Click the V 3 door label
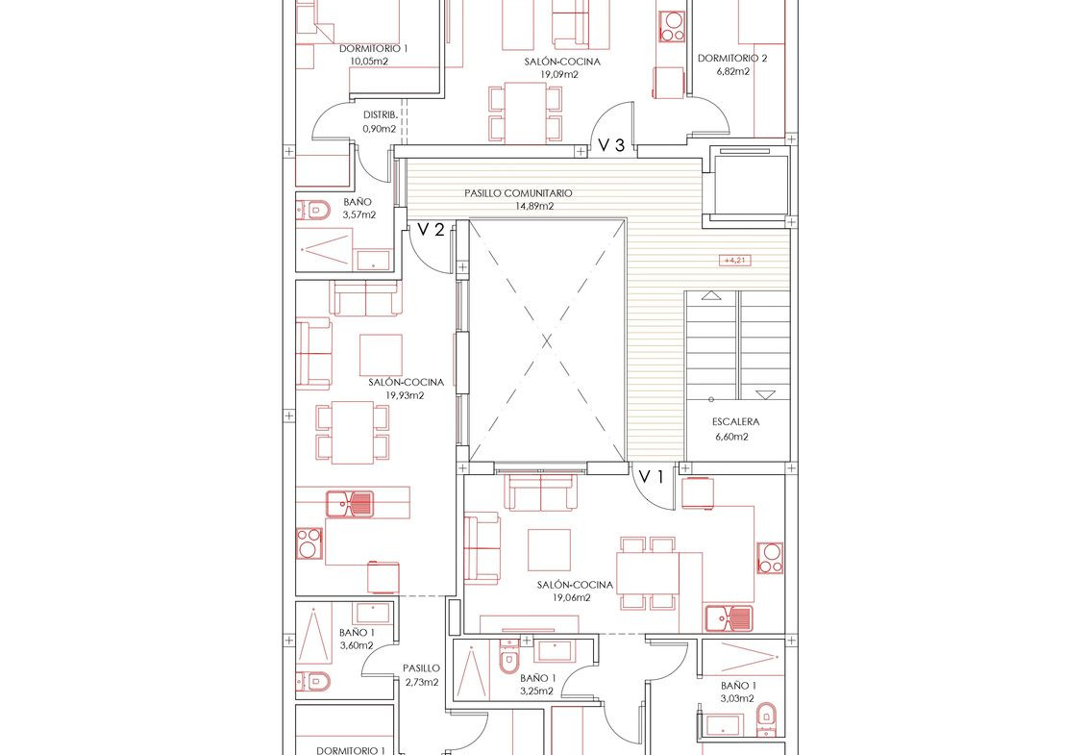tap(611, 145)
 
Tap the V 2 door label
tap(431, 230)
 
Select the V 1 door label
tap(652, 477)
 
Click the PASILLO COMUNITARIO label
tap(518, 193)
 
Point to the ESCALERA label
tap(735, 421)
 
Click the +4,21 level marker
tap(735, 261)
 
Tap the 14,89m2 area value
tap(534, 206)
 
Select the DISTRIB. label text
tap(381, 115)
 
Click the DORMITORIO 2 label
tap(732, 59)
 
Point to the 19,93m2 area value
tap(406, 395)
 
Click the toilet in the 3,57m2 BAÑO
tap(314, 209)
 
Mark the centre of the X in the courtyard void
tap(547, 340)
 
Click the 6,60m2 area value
tap(732, 437)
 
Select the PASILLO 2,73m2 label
tap(421, 675)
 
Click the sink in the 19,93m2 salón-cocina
tap(351, 504)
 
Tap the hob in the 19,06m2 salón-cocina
tap(770, 559)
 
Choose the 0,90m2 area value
tap(380, 129)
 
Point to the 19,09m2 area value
tap(559, 74)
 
